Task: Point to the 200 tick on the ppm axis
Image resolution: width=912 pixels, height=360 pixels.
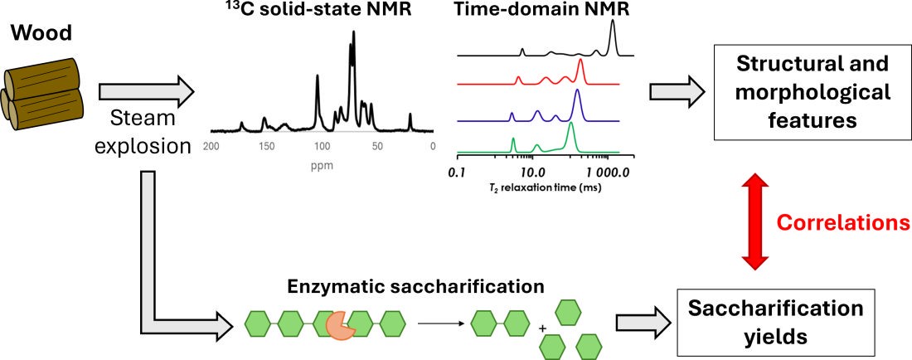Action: [x=211, y=146]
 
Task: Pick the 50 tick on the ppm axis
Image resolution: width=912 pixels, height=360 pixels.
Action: [x=377, y=146]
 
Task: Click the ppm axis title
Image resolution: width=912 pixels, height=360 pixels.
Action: [x=324, y=163]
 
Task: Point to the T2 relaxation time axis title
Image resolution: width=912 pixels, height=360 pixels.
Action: [x=532, y=188]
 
